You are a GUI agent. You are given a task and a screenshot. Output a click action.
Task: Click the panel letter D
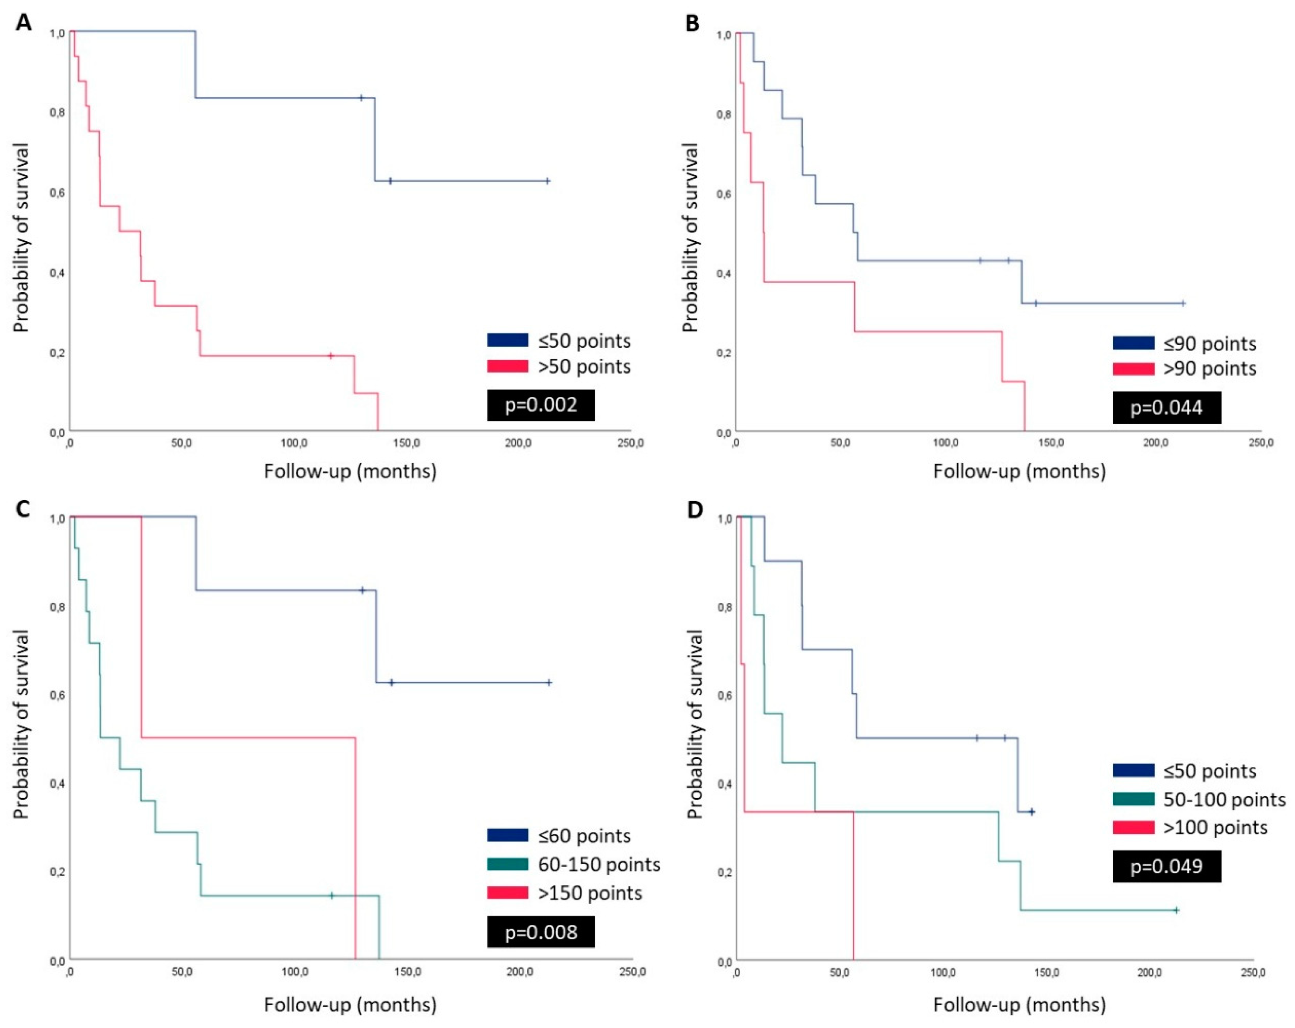coord(695,510)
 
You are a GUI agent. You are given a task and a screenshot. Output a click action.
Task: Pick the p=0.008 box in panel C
coord(541,932)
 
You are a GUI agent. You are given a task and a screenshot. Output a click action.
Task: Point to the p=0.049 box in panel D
coord(1167,866)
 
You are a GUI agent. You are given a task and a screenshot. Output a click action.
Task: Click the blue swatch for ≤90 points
coord(1133,343)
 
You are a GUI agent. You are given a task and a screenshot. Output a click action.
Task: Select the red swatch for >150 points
coord(507,893)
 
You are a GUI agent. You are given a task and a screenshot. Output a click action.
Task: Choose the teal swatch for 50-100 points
coord(1133,799)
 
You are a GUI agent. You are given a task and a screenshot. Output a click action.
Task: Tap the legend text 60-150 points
coord(599,865)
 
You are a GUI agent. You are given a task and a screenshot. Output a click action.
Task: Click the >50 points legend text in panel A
coord(584,367)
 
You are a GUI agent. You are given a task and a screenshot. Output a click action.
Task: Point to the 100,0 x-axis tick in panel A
coord(294,443)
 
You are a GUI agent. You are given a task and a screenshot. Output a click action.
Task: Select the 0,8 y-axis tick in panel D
coord(724,608)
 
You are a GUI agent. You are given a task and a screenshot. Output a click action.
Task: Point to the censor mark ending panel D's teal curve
coord(1176,910)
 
